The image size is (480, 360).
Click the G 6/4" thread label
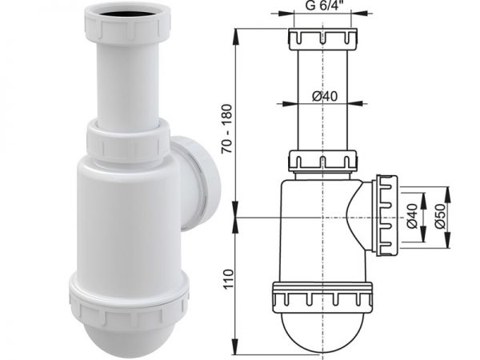[322, 6]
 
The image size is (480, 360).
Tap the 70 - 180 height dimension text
[228, 129]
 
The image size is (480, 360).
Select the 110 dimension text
[228, 279]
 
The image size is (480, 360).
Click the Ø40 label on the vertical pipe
[325, 97]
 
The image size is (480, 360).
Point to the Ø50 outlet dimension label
[440, 217]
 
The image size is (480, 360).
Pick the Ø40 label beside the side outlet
[412, 216]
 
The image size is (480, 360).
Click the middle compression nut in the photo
[128, 141]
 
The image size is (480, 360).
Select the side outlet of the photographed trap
[199, 182]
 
